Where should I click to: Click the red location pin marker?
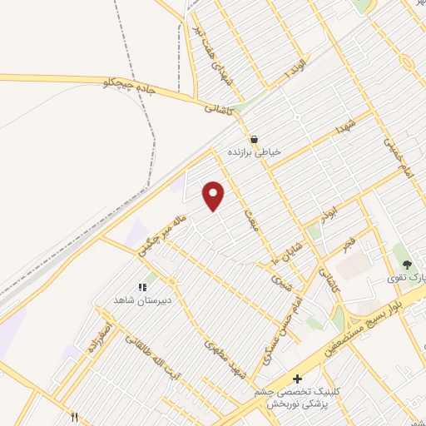click(x=214, y=196)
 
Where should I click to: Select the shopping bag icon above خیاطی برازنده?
click(x=254, y=139)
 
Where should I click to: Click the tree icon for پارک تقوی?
click(x=407, y=265)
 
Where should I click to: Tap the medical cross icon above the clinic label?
click(x=297, y=379)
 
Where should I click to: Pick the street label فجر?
click(x=349, y=242)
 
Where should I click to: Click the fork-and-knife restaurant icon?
click(x=74, y=417)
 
